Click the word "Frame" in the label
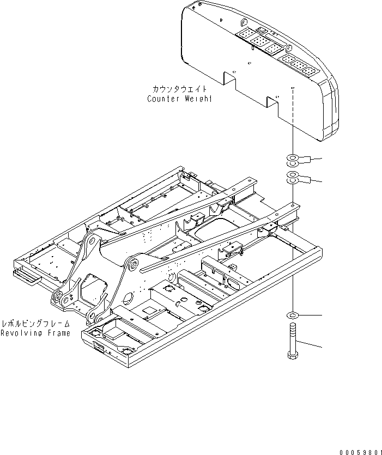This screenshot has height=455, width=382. click(58, 333)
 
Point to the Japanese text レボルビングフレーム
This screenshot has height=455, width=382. click(35, 323)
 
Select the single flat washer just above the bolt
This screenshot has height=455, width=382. click(293, 316)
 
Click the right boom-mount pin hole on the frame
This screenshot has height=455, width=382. click(131, 266)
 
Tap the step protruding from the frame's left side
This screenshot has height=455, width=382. click(27, 277)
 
